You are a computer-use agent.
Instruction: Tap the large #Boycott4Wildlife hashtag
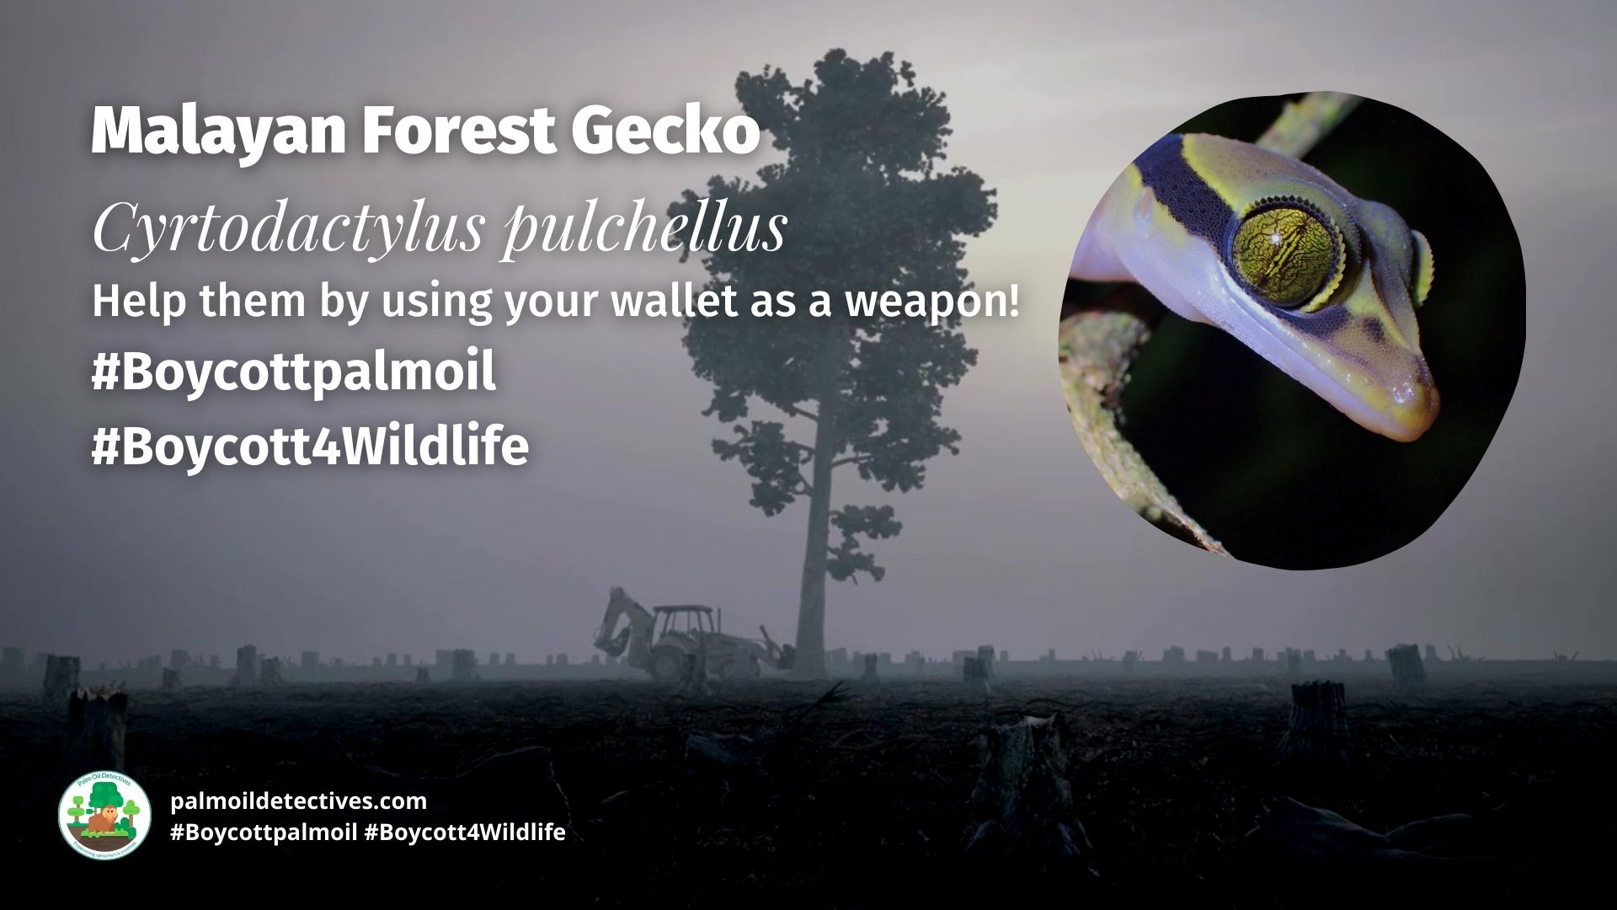tap(310, 447)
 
